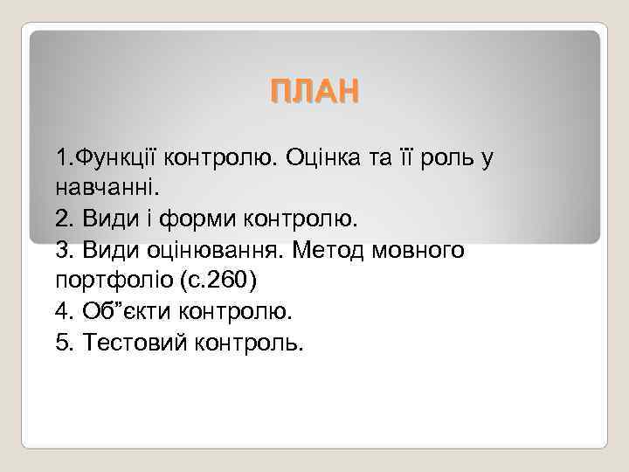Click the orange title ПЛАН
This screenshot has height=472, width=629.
[x=314, y=91]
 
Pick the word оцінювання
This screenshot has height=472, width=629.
[x=211, y=250]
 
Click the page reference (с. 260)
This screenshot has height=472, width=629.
[x=213, y=281]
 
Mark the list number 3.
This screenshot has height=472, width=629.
[x=62, y=250]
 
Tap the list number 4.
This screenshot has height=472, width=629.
[x=62, y=311]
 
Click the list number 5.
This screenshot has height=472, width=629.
[x=62, y=342]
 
